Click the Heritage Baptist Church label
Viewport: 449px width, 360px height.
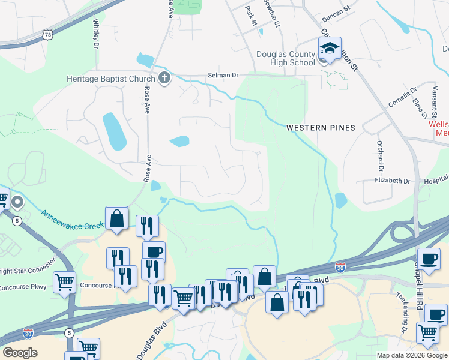point(110,79)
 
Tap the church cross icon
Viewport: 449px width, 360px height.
point(164,78)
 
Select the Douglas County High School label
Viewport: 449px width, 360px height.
point(286,58)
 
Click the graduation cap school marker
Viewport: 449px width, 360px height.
point(330,49)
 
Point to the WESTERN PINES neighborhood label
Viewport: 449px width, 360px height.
point(321,128)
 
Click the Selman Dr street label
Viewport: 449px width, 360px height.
point(223,76)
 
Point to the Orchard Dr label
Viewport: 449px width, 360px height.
point(380,154)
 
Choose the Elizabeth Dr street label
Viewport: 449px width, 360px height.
point(392,181)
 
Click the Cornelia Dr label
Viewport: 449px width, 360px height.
point(402,97)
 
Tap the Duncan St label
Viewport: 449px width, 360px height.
point(336,11)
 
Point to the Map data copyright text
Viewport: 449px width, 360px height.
point(411,355)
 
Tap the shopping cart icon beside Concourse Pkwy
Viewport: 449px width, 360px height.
point(65,282)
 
